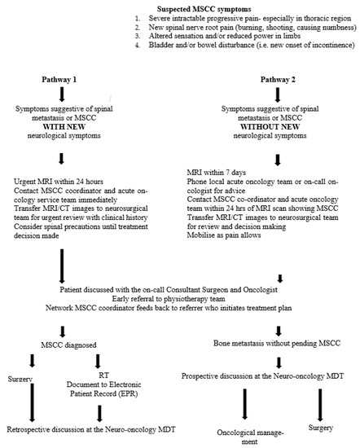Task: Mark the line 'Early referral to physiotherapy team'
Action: coord(178,298)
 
